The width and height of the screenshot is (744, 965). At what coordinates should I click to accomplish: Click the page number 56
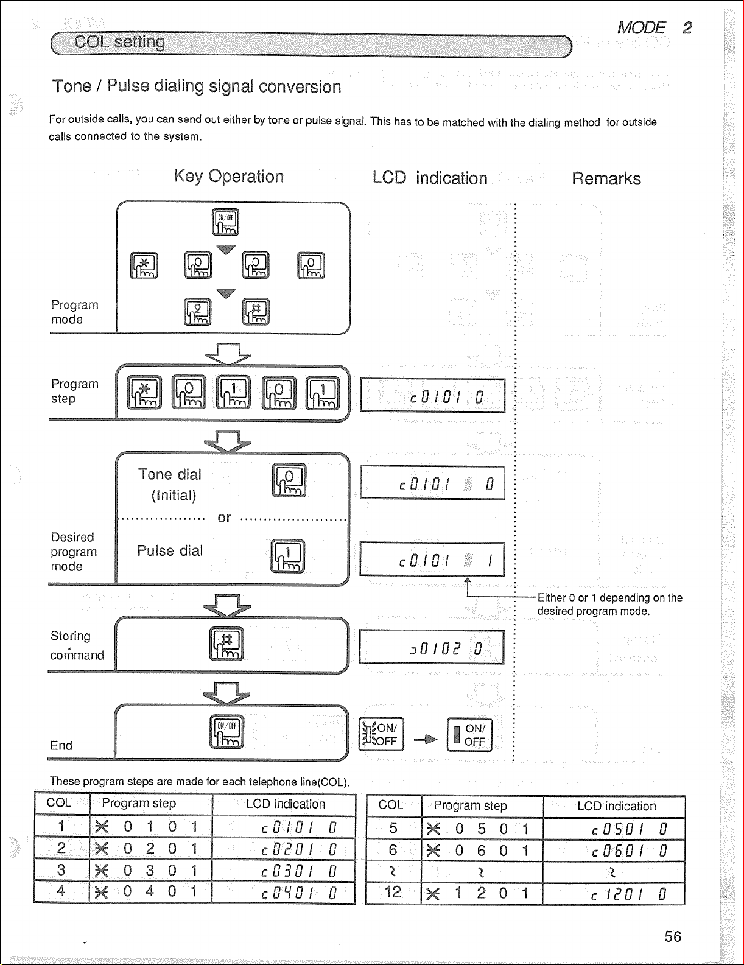673,936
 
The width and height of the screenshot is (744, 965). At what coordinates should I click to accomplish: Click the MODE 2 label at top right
655,28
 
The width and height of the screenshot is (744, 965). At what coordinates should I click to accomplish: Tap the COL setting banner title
119,42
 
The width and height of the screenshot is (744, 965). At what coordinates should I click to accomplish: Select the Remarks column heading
606,178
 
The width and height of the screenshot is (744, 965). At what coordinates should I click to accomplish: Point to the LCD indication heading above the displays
430,178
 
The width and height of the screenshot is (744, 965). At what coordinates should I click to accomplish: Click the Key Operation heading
228,177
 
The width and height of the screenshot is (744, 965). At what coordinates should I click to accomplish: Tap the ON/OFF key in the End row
226,731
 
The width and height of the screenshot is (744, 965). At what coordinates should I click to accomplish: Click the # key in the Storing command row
226,644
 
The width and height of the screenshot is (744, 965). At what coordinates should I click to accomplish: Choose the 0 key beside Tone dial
289,480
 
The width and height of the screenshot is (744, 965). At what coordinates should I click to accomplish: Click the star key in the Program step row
144,392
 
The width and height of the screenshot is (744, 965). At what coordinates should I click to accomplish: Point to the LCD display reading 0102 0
432,647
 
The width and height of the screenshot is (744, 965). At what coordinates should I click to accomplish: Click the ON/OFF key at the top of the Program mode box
225,222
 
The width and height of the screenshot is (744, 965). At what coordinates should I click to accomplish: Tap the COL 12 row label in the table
393,893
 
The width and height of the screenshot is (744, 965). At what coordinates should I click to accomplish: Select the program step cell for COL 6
482,851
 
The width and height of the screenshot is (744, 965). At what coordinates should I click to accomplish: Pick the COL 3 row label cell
61,870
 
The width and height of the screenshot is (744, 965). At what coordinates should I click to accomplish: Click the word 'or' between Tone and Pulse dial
224,518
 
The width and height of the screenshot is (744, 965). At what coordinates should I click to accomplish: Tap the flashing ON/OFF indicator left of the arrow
381,734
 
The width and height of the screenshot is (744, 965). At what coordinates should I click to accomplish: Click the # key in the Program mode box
256,312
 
